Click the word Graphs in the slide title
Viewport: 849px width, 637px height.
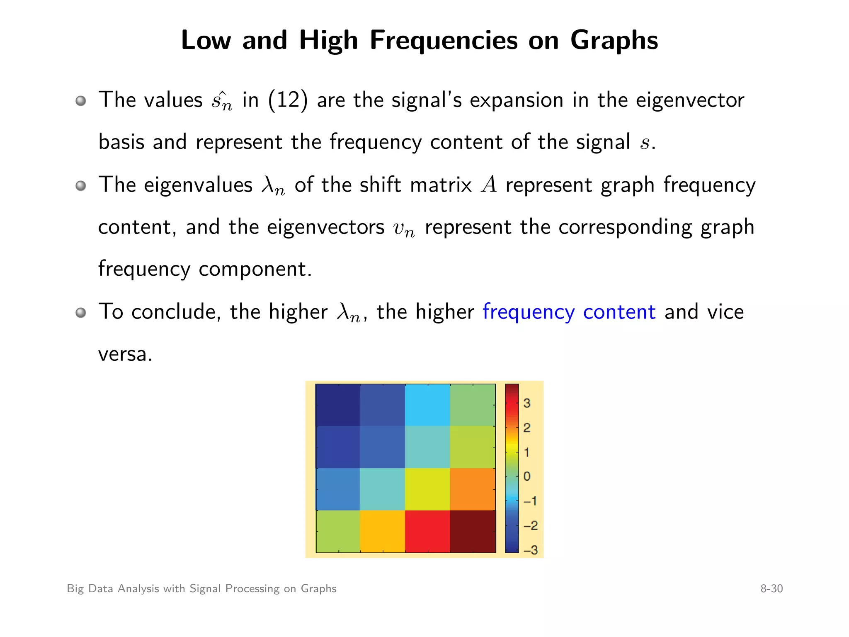(614, 41)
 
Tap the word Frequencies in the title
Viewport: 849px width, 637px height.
(443, 41)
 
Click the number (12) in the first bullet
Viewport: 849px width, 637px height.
(288, 100)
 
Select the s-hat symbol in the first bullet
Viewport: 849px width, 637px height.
(221, 101)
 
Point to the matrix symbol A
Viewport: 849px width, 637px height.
(489, 185)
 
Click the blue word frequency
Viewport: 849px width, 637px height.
(528, 312)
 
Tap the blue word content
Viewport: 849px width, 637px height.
(619, 312)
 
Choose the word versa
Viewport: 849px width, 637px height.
(125, 354)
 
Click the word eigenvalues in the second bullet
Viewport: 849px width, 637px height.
(198, 185)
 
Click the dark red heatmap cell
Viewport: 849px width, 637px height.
(473, 531)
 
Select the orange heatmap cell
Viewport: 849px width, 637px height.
(473, 489)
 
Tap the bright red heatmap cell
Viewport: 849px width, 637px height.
(427, 531)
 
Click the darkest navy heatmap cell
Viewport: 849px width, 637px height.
(337, 405)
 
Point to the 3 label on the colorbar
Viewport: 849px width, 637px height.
(527, 403)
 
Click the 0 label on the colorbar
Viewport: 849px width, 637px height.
(527, 477)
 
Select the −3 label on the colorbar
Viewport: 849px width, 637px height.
(530, 550)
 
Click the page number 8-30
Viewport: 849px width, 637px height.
(771, 589)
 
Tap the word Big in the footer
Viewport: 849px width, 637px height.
(75, 589)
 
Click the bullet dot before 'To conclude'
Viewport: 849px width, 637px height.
(81, 312)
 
